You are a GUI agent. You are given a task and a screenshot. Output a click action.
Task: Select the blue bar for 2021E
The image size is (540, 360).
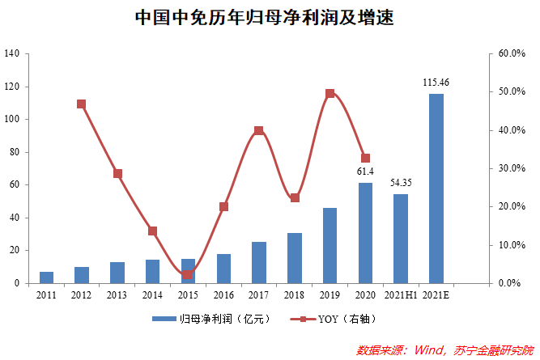pos(436,188)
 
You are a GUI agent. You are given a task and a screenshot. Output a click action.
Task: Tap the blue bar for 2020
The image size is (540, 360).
pos(366,233)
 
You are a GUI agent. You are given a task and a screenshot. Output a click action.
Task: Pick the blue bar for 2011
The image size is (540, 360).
pos(47,277)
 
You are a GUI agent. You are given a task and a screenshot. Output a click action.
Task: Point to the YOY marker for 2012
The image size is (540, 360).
pos(82,104)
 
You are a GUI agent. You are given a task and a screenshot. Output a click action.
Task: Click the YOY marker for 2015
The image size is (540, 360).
pos(188,274)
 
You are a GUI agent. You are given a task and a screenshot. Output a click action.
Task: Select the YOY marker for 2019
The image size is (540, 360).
pos(330,94)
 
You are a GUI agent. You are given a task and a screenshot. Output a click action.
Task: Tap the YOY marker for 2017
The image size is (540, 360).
pos(259,130)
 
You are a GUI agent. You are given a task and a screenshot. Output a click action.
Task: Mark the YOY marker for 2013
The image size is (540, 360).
pos(117,174)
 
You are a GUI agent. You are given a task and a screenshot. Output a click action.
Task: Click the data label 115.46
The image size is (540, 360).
pos(436,83)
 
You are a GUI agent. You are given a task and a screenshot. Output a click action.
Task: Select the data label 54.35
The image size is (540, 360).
pos(401,183)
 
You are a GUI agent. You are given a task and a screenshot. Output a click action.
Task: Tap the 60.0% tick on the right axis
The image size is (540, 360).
pos(512,54)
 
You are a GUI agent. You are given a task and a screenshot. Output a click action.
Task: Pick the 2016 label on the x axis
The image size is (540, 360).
pos(223,296)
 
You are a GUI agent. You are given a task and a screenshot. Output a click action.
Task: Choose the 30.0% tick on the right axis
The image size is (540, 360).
pos(512,168)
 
